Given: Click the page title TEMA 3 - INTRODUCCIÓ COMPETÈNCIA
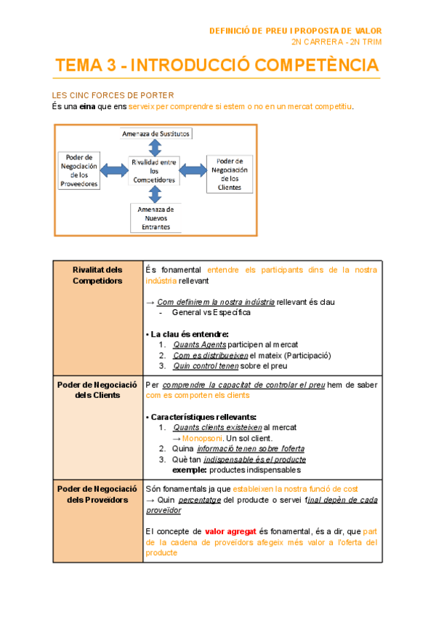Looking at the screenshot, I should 217,65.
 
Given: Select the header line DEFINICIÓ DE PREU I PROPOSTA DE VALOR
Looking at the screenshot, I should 295,31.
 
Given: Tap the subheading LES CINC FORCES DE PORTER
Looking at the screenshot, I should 113,95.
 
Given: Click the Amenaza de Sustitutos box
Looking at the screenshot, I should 156,134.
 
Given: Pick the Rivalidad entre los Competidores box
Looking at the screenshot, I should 154,170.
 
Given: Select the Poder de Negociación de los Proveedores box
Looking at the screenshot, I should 78,170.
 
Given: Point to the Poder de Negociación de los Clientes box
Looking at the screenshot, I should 230,174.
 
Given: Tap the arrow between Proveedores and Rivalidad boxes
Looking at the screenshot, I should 114,170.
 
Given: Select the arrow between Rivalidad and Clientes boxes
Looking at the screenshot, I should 193,170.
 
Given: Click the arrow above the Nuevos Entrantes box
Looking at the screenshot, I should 154,194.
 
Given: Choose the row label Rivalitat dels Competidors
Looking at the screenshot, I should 97,275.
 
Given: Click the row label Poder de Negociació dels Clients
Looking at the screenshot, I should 97,390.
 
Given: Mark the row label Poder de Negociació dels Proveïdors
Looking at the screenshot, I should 97,495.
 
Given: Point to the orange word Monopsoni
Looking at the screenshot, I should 202,439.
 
